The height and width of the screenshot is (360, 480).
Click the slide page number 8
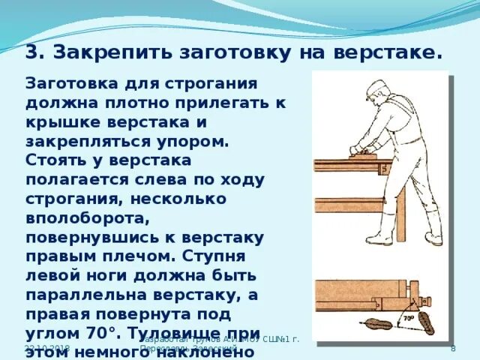pyautogui.click(x=453, y=349)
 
